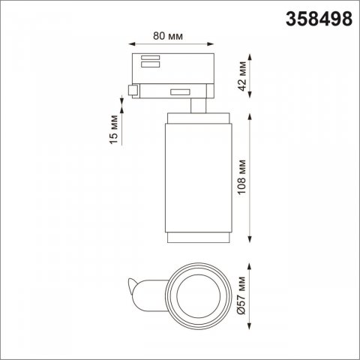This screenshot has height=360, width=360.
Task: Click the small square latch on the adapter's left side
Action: (133, 91)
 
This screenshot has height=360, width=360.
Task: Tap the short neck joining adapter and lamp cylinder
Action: (196, 104)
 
